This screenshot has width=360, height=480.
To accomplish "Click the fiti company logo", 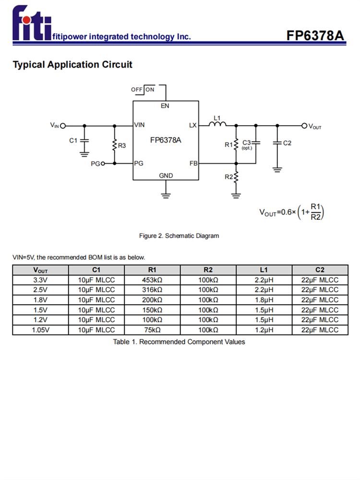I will (x=32, y=23).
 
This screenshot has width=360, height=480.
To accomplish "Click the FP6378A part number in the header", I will (x=315, y=36).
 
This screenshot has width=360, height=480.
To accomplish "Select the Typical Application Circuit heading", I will (x=72, y=64).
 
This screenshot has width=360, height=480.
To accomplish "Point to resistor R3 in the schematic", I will (x=115, y=144).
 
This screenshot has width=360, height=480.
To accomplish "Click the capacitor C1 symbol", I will (x=84, y=140).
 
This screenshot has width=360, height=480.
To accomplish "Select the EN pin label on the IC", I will (x=165, y=106).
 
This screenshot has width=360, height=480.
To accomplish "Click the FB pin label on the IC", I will (x=193, y=163).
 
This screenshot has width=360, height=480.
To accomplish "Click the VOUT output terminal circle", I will (x=304, y=126).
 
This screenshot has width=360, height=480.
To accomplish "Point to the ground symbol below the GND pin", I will (x=166, y=194).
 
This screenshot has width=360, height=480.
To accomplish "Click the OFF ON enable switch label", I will (x=143, y=90).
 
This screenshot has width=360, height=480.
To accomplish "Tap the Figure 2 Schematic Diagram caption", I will (x=179, y=236).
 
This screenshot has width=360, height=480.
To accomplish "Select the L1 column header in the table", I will (x=264, y=270).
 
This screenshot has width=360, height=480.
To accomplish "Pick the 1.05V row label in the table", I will (x=40, y=330).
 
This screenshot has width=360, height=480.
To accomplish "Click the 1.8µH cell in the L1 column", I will (x=264, y=300).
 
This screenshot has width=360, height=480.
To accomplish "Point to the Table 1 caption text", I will (x=179, y=342).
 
